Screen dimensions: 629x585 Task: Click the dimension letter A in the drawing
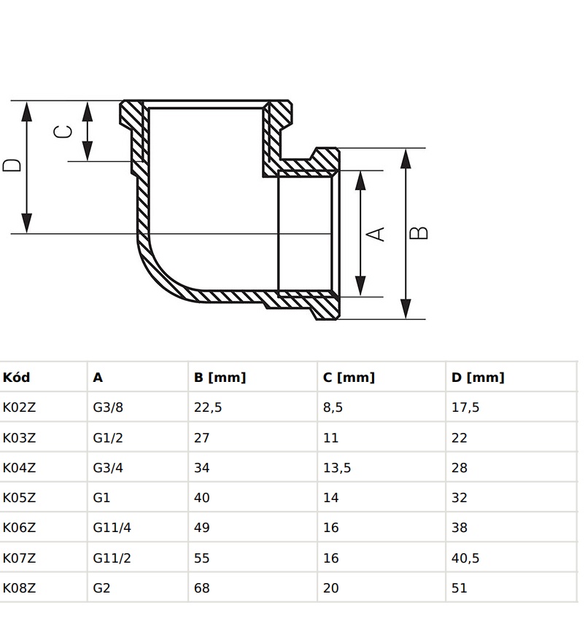click(x=376, y=233)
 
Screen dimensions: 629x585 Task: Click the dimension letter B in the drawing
click(x=419, y=233)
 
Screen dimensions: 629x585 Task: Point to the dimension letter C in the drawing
click(x=64, y=131)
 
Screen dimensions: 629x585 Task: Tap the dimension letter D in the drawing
click(x=12, y=165)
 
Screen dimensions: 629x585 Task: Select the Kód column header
click(x=17, y=378)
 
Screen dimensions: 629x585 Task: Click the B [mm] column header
click(x=220, y=378)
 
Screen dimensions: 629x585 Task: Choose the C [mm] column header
click(x=349, y=378)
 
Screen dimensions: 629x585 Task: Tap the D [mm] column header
click(x=478, y=378)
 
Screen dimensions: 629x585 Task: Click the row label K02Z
click(x=19, y=407)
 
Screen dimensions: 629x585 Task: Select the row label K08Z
click(x=19, y=587)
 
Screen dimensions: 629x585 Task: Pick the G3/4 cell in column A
click(x=108, y=468)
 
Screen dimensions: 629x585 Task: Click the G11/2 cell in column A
click(x=112, y=558)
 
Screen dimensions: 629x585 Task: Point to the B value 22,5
click(x=208, y=407)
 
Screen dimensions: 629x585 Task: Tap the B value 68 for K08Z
click(x=202, y=587)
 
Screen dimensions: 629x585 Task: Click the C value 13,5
click(x=337, y=468)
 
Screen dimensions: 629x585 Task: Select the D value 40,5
click(x=465, y=558)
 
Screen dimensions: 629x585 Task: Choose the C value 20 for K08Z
click(x=331, y=587)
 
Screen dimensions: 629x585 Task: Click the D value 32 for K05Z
click(x=460, y=498)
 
